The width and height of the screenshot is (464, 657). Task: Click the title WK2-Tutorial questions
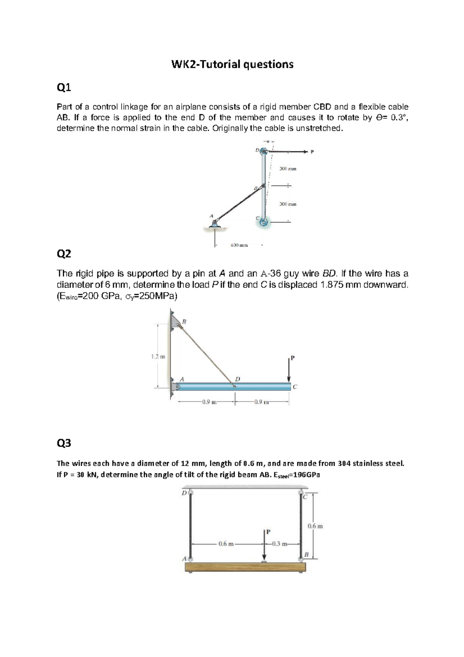(x=232, y=64)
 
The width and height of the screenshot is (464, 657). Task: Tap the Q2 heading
(x=64, y=254)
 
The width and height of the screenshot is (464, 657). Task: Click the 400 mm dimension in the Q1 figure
(x=239, y=245)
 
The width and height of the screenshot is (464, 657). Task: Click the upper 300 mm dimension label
(x=288, y=169)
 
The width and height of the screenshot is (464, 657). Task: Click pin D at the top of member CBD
(x=264, y=152)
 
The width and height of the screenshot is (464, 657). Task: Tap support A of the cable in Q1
(x=215, y=223)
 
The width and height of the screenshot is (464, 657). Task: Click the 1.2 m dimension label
(x=158, y=357)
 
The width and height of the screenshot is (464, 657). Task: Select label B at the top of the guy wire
(x=184, y=321)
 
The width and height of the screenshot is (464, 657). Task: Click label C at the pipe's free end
(x=295, y=386)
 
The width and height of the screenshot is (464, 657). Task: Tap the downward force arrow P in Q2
(x=289, y=370)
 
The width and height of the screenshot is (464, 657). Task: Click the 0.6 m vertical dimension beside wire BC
(x=315, y=526)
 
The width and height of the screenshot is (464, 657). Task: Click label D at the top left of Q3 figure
(x=184, y=493)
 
